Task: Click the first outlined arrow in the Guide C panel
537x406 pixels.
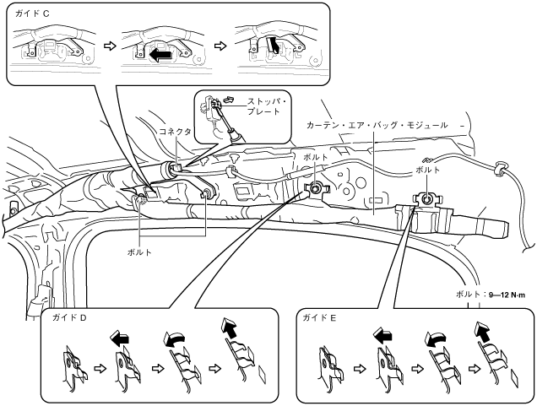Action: (x=107, y=43)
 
